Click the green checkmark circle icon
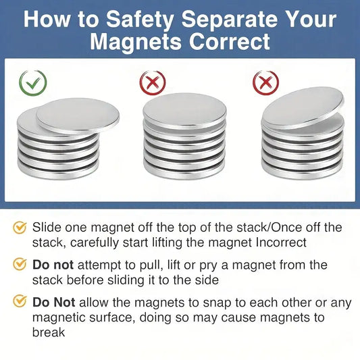[x=33, y=83]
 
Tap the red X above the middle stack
[x=153, y=82]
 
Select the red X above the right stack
[x=266, y=82]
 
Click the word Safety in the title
[x=140, y=20]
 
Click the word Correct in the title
[x=230, y=42]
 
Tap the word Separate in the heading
[x=234, y=20]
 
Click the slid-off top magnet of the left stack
[x=78, y=116]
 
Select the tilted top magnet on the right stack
[x=303, y=107]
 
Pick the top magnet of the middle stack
[x=184, y=111]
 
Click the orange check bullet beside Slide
[x=20, y=228]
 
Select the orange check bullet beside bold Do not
[x=20, y=264]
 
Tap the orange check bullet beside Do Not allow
[x=20, y=301]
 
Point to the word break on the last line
[x=49, y=332]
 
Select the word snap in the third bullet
[x=217, y=303]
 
